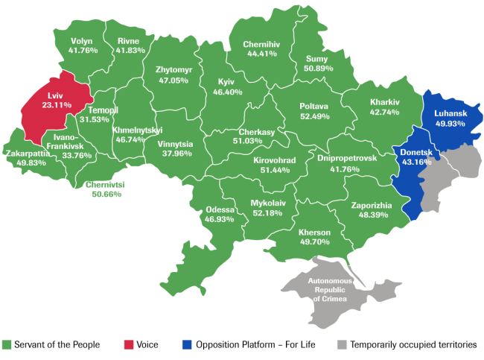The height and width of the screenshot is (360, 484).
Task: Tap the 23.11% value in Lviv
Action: coord(56,106)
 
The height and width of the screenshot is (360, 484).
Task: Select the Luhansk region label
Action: coord(449,114)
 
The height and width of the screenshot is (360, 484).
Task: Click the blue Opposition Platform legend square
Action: coord(188,345)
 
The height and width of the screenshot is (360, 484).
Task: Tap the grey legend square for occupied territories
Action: coord(341,345)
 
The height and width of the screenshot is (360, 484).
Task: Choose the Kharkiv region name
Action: coord(384,102)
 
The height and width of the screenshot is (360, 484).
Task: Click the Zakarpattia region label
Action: coord(27,154)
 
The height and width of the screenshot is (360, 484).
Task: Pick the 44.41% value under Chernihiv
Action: coord(261,54)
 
